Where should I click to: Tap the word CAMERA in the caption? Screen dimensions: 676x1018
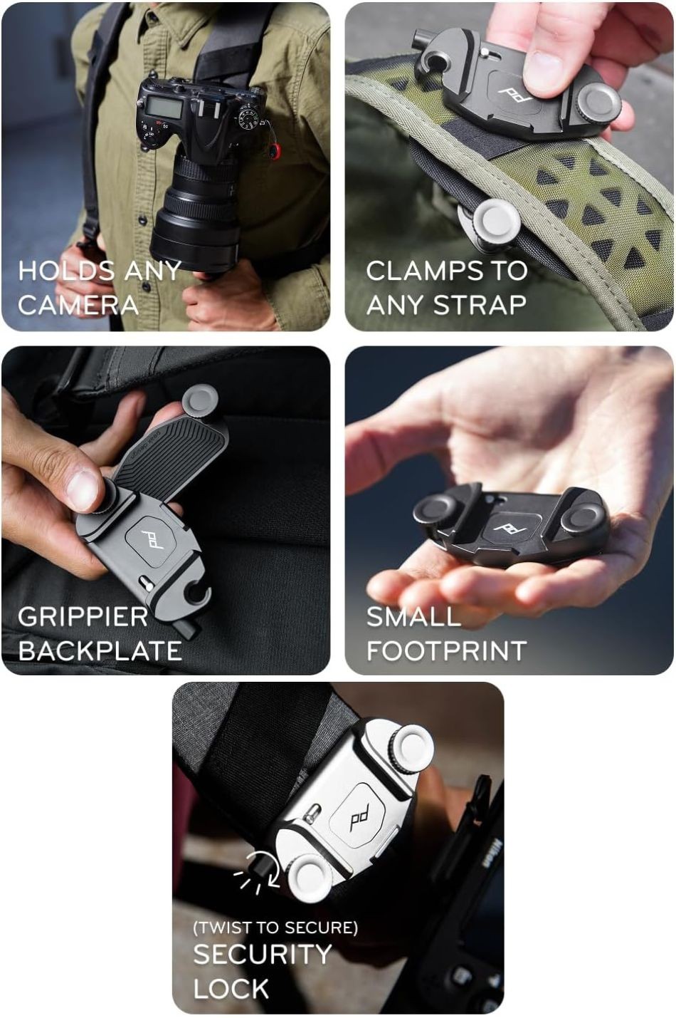point(78,304)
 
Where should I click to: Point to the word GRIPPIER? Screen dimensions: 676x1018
point(83,617)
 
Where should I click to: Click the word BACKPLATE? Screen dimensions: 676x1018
point(100,651)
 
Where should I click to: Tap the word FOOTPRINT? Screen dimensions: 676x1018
point(446,651)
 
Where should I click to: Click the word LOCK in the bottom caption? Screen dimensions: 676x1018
point(231,988)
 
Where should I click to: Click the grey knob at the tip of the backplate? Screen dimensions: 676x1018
point(200,400)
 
